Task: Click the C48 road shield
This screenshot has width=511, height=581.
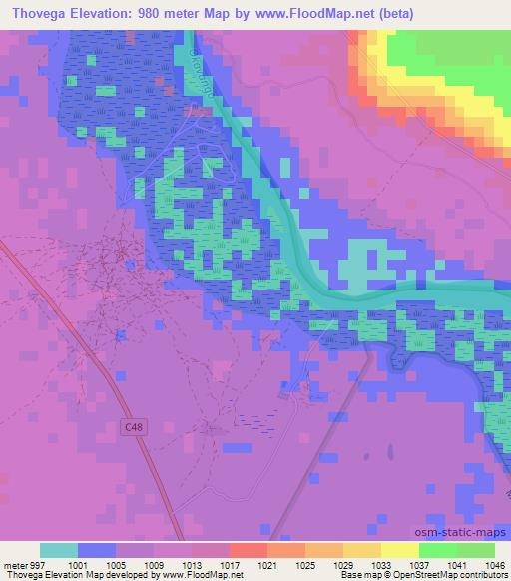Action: [134, 427]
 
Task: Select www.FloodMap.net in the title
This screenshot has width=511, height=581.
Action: [311, 14]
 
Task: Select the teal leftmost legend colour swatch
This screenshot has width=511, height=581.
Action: [59, 550]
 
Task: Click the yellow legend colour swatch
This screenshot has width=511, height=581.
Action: [400, 550]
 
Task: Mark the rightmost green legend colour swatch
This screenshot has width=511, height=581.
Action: [476, 550]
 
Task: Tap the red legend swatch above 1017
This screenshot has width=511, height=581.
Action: [249, 550]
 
